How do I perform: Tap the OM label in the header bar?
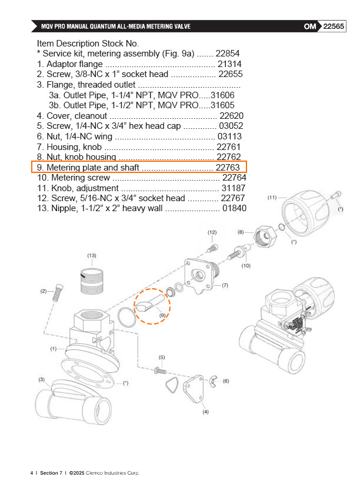pos(311,26)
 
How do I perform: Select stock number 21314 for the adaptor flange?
pos(229,64)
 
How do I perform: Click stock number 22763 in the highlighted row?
pos(227,168)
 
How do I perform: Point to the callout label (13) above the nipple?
pos(92,255)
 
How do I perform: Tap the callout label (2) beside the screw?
pos(43,291)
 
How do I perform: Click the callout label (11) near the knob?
pos(272,197)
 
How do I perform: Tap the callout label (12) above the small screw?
pos(212,233)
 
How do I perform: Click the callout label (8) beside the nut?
pos(241,232)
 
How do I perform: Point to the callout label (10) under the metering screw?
pos(246,265)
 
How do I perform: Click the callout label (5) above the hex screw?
pos(162,357)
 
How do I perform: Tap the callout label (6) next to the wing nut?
pos(226,381)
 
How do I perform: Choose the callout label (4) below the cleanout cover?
pos(205,412)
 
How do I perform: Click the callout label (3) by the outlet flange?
pos(41,379)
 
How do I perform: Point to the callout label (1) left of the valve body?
pos(54,349)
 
